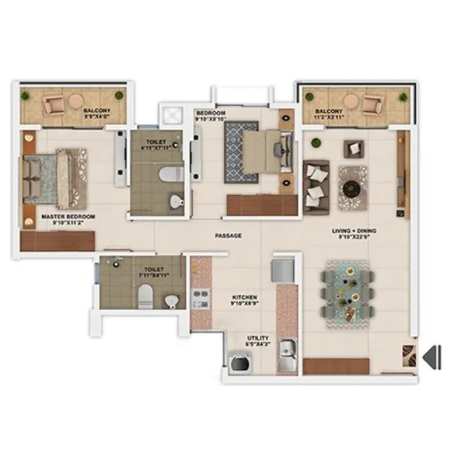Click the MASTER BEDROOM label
[68, 217]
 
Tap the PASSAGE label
[228, 236]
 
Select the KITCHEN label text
[244, 297]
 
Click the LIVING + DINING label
[354, 230]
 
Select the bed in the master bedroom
[53, 177]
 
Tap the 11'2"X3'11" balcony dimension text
[328, 118]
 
